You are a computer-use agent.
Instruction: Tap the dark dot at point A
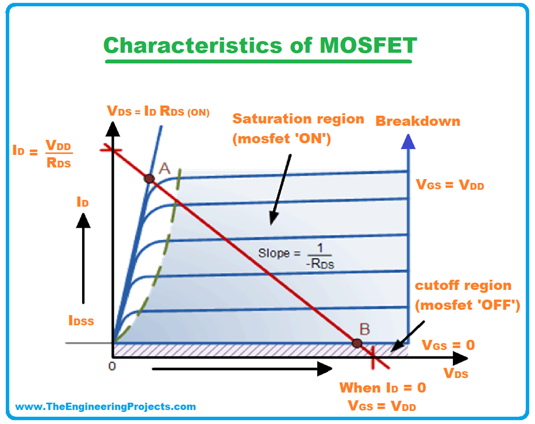point(149,178)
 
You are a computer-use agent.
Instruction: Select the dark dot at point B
point(357,343)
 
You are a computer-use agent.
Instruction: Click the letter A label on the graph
point(164,168)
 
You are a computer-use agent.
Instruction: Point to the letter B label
point(365,329)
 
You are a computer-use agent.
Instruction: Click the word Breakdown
point(418,121)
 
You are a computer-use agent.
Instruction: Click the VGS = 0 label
point(448,345)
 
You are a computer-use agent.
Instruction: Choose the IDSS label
point(81,320)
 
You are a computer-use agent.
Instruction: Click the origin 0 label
point(111,365)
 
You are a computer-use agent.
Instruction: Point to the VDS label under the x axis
point(456,374)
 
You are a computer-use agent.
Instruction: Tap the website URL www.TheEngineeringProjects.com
point(106,406)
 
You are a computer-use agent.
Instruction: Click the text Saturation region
point(298,119)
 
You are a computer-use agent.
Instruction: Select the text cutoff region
point(463,286)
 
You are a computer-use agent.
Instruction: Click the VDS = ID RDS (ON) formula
point(158,111)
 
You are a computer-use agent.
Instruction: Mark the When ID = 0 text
point(382,388)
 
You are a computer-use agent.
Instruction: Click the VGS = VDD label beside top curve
point(450,184)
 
